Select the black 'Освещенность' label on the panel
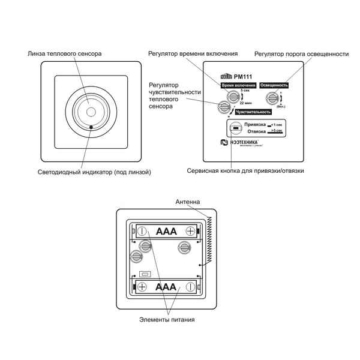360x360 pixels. pos(274,86)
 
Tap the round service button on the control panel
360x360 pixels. pos(236,128)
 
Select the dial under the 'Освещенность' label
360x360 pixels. pos(273,98)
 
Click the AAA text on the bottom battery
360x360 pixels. pos(166,287)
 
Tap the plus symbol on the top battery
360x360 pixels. pos(191,231)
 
